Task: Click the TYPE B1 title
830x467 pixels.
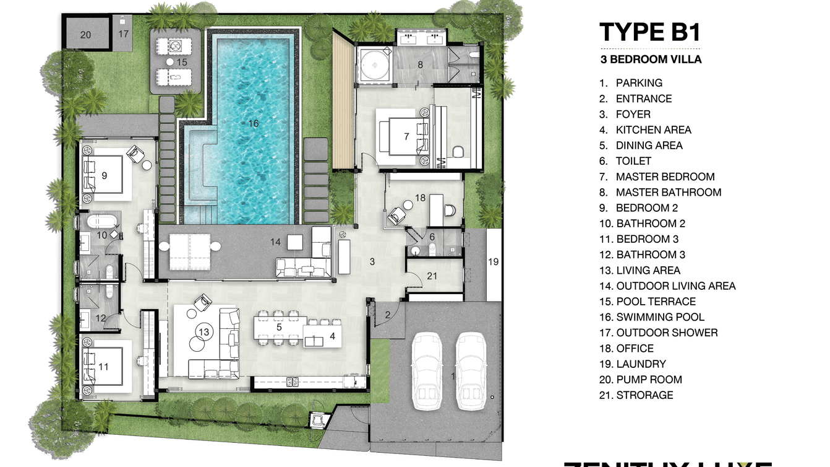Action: click(x=650, y=32)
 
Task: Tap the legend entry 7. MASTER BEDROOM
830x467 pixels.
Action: click(x=657, y=177)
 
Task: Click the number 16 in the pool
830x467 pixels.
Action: click(x=253, y=123)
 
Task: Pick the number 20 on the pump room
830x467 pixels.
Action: click(x=85, y=35)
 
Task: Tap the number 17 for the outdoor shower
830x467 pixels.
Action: click(x=124, y=33)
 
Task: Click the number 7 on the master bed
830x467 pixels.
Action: click(x=406, y=136)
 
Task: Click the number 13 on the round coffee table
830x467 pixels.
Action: click(x=203, y=332)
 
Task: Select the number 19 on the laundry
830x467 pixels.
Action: click(x=493, y=261)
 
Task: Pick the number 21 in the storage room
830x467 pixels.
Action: click(x=432, y=276)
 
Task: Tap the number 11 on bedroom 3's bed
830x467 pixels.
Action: click(x=103, y=367)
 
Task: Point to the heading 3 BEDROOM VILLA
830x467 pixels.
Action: click(x=650, y=59)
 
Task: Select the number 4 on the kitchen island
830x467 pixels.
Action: click(x=332, y=336)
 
